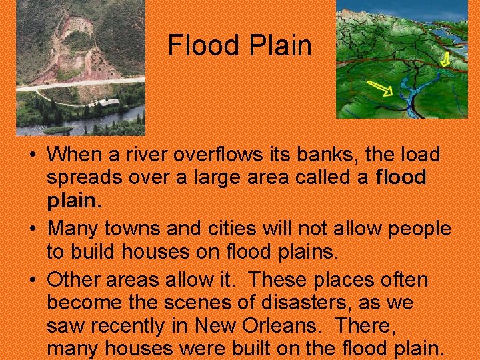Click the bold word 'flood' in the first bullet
401,177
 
